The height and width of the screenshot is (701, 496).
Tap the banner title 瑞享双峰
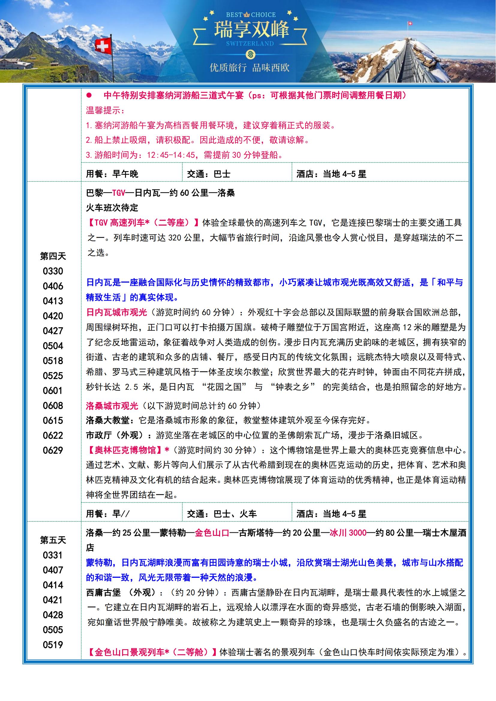(251, 30)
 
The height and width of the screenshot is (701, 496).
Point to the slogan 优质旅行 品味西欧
(249, 68)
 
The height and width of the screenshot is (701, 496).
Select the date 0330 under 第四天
(53, 271)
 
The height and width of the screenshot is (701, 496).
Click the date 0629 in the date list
(53, 450)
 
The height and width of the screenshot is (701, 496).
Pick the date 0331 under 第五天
(53, 555)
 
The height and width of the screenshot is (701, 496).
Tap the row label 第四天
(53, 256)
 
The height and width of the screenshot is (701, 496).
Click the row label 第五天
(53, 540)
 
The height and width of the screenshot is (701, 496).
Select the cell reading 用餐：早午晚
(112, 174)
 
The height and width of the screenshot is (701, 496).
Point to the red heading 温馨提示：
(105, 111)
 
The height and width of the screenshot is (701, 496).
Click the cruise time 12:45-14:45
(171, 155)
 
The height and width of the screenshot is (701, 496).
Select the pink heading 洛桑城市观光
(112, 406)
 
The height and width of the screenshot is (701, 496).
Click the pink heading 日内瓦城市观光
(117, 312)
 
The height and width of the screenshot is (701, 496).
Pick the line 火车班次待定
(112, 208)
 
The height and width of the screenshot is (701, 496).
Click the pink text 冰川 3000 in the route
(348, 533)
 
